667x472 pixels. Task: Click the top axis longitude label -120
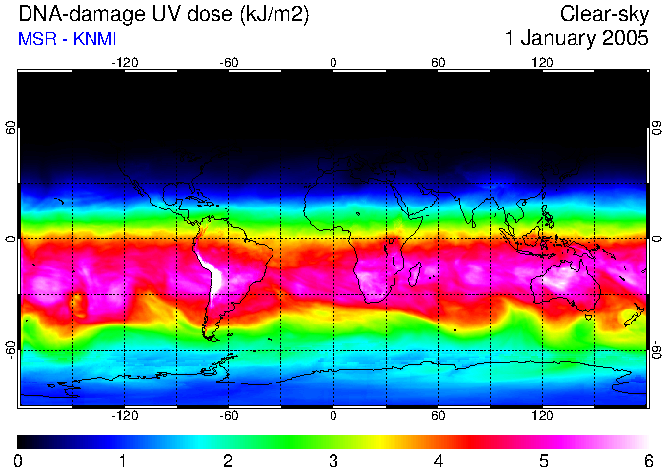click(x=124, y=62)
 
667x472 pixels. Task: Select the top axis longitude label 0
click(x=333, y=62)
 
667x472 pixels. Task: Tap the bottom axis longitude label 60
click(x=438, y=416)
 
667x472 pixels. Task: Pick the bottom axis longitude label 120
click(x=542, y=416)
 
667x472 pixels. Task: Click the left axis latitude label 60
click(x=11, y=128)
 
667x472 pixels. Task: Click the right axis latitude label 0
click(x=656, y=239)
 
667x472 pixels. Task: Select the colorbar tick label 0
click(x=19, y=460)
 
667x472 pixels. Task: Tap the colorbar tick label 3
click(x=333, y=460)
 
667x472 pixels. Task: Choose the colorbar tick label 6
click(x=648, y=460)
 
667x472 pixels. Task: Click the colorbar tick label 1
click(x=123, y=460)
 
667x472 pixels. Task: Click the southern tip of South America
click(x=208, y=337)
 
